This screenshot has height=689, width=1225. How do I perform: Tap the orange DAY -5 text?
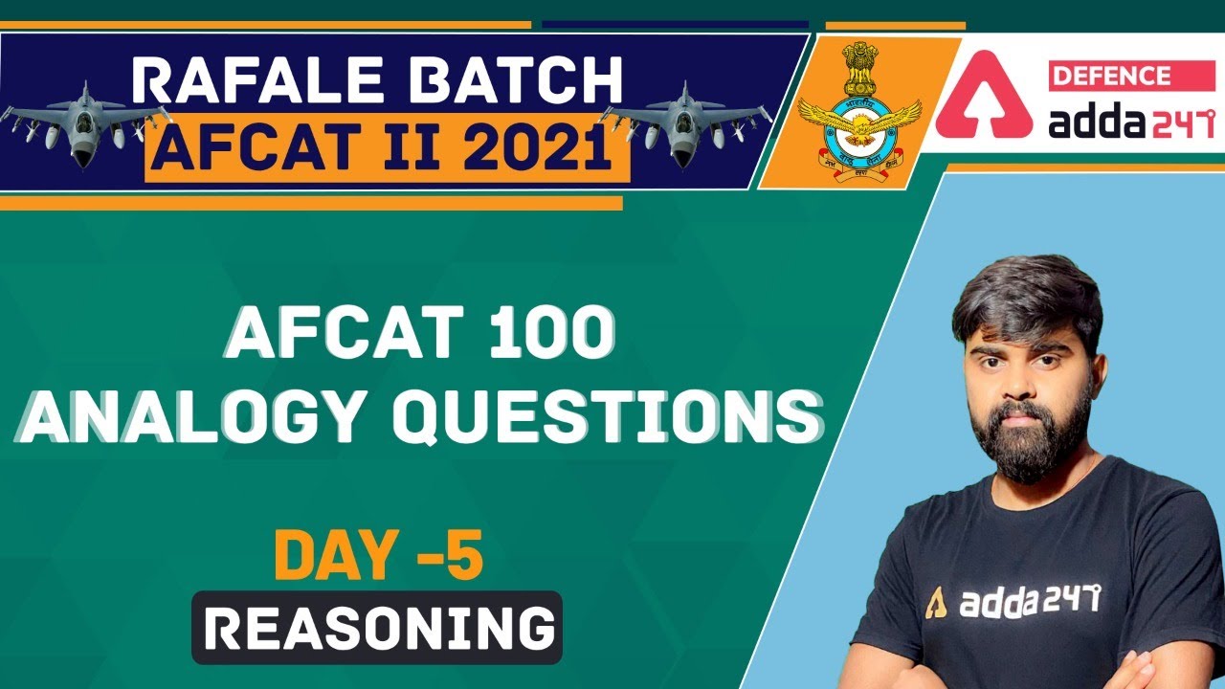[378, 558]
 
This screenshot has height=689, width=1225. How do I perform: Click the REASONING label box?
[377, 628]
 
